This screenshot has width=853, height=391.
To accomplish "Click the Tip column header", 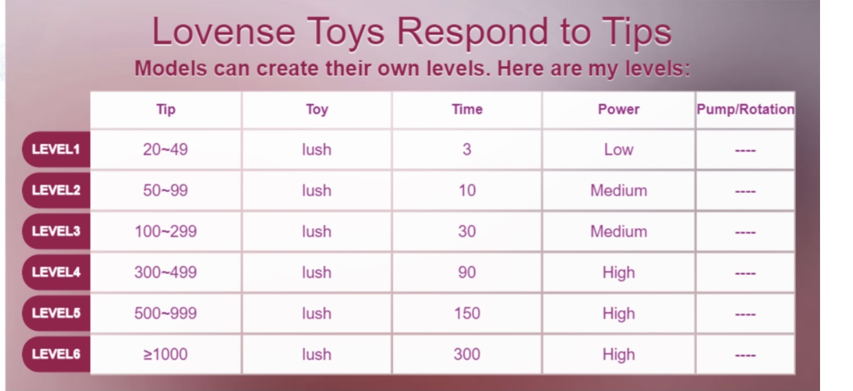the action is point(166,109).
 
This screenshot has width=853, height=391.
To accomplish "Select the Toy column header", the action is point(317,109).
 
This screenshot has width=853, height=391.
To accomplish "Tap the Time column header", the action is point(467,109).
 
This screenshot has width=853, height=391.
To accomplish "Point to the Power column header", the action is point(618,109).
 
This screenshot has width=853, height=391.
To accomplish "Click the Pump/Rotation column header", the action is point(746,109).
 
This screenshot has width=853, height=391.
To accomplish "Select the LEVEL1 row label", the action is point(56,149).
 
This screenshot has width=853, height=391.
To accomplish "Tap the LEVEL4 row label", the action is point(56,272).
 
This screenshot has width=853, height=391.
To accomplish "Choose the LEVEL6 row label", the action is point(56,354).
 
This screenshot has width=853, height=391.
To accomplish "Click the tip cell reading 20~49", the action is point(166,149).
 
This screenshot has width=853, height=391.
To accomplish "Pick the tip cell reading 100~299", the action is point(166,232).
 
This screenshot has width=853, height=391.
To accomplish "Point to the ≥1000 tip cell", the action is point(166,355).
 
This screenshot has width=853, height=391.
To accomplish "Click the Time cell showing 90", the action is point(467,273).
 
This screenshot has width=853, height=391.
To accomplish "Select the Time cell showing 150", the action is point(467,313).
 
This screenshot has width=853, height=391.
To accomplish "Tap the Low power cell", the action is point(618,149).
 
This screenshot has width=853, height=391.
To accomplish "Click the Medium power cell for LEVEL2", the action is point(618,190).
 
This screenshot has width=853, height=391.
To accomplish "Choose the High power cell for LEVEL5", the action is point(618,313).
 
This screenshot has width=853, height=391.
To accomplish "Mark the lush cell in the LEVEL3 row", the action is point(317,232).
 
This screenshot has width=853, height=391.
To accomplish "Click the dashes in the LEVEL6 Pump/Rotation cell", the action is point(745,355).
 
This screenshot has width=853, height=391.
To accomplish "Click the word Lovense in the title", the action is point(223,32).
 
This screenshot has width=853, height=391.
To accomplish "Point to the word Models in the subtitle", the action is point(171,69).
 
